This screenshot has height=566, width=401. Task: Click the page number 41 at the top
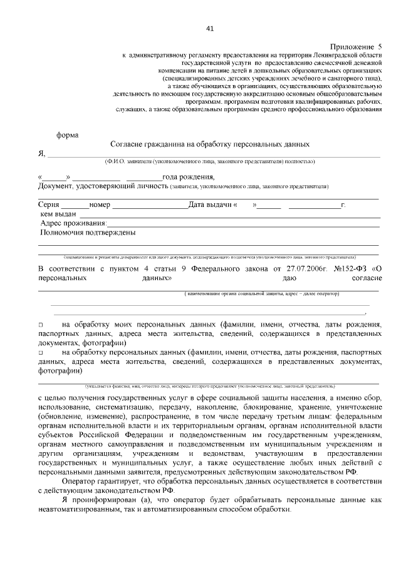209,28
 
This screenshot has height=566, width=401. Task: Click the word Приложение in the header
351,48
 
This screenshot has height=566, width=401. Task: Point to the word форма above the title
68,134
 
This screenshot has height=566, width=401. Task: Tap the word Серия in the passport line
49,205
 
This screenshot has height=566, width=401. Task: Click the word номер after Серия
100,205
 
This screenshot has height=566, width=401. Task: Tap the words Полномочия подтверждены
88,233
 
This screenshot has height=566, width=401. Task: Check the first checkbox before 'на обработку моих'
41,326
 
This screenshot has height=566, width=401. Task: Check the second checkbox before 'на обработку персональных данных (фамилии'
41,353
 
